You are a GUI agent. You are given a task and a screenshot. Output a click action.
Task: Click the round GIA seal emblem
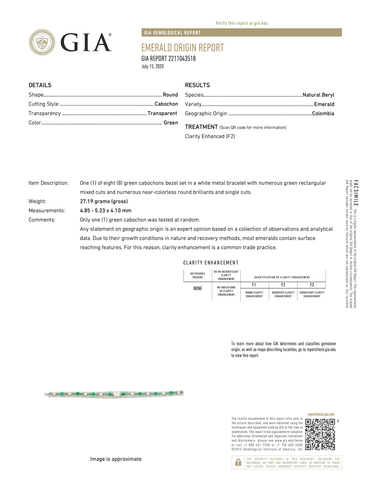click(x=42, y=42)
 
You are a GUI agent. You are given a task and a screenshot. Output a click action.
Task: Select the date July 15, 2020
click(x=153, y=67)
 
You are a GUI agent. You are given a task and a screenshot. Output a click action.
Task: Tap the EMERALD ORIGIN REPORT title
click(x=182, y=48)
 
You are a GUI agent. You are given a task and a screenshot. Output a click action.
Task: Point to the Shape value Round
click(x=170, y=95)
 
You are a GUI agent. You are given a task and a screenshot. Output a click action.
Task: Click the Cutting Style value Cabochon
click(x=166, y=104)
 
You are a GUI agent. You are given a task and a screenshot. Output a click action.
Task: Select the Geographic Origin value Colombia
click(x=323, y=114)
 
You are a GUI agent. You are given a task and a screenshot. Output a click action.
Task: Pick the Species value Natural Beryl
click(x=318, y=95)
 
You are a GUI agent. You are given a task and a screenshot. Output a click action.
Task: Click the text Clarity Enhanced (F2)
click(x=210, y=136)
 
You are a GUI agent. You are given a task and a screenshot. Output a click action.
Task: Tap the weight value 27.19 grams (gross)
click(x=104, y=201)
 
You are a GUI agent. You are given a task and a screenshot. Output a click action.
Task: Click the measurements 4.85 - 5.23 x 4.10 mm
click(x=105, y=211)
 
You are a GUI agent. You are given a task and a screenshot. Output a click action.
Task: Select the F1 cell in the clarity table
click(x=254, y=285)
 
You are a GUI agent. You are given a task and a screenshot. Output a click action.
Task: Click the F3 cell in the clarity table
click(x=312, y=285)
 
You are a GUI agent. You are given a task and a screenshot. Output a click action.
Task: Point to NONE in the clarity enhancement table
click(x=198, y=288)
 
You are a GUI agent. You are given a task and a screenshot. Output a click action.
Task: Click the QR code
click(x=320, y=435)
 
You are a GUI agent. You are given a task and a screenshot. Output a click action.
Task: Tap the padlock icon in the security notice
click(x=238, y=462)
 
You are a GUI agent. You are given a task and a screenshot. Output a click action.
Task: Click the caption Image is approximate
click(x=116, y=459)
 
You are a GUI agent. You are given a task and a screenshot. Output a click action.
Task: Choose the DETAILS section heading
click(x=40, y=85)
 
